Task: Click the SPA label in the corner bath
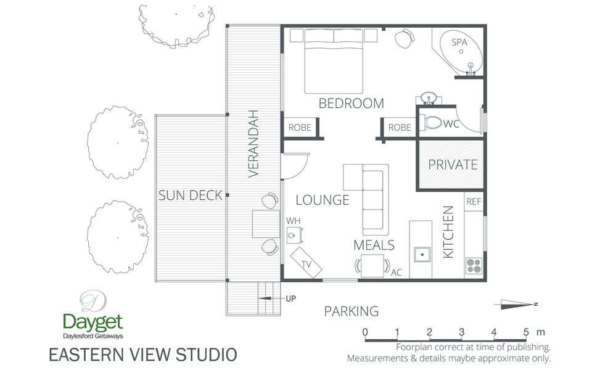pyautogui.click(x=459, y=43)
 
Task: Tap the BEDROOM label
pyautogui.click(x=351, y=104)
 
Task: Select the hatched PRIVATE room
pyautogui.click(x=453, y=165)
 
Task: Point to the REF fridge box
pyautogui.click(x=474, y=202)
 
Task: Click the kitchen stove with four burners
pyautogui.click(x=474, y=265)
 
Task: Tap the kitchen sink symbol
pyautogui.click(x=422, y=253)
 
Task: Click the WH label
pyautogui.click(x=292, y=221)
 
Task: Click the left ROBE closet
pyautogui.click(x=300, y=128)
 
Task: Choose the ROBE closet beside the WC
pyautogui.click(x=400, y=128)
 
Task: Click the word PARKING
pyautogui.click(x=351, y=311)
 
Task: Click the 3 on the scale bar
pyautogui.click(x=462, y=332)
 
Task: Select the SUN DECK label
pyautogui.click(x=190, y=196)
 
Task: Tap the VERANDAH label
pyautogui.click(x=253, y=144)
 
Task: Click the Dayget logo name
pyautogui.click(x=92, y=321)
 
